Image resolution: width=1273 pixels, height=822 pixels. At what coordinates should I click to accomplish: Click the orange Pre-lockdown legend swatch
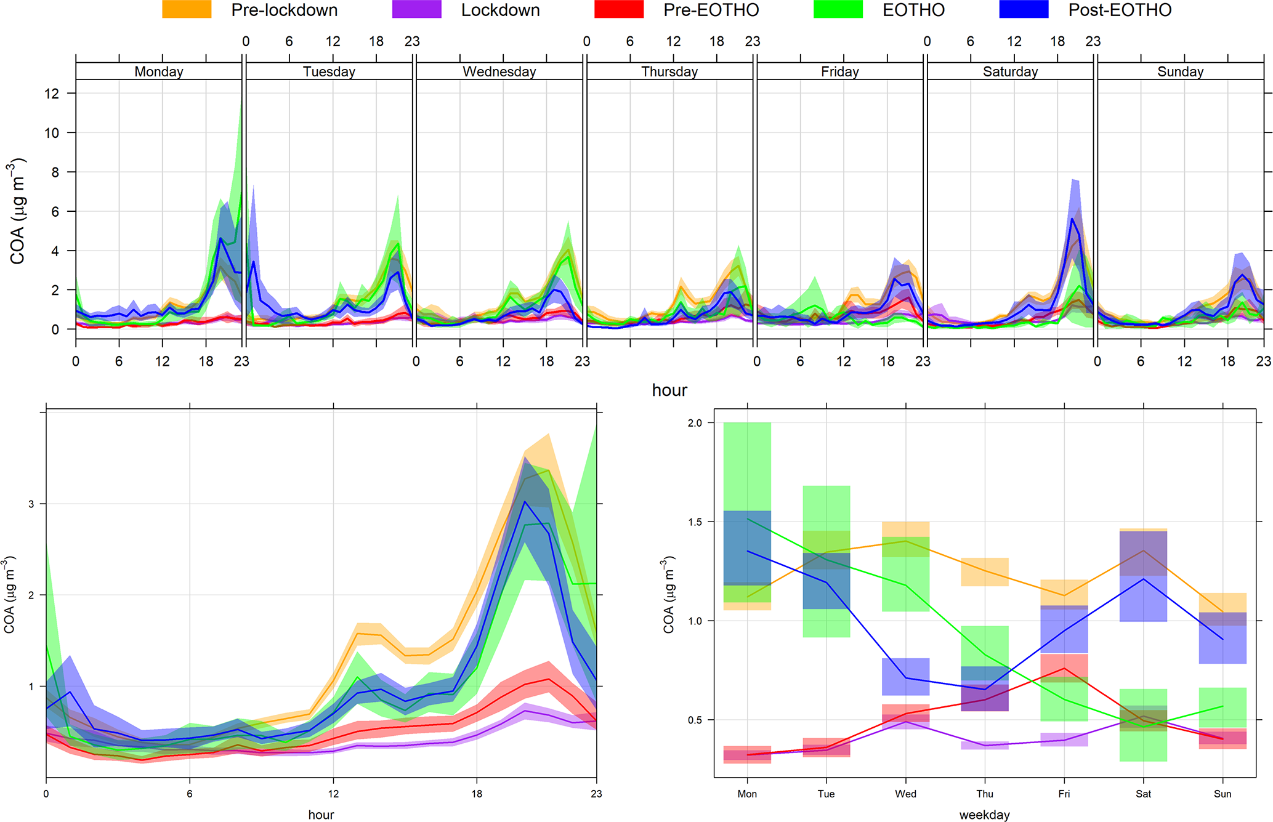187,10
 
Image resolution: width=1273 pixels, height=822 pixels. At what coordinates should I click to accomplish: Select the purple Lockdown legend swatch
416,10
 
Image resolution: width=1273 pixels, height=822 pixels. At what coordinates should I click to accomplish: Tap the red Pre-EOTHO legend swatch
619,10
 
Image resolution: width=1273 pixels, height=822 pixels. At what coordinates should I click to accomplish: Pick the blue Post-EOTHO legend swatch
1024,10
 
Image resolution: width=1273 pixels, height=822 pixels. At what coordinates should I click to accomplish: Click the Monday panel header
159,71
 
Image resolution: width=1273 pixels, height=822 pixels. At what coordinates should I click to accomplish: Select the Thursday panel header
669,71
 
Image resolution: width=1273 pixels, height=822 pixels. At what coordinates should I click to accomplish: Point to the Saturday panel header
1010,71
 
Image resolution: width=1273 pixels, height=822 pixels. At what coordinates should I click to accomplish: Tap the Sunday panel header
1180,71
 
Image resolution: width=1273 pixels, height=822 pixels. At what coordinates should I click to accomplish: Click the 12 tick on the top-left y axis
52,94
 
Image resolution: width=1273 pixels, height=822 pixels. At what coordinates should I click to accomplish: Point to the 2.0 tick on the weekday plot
695,423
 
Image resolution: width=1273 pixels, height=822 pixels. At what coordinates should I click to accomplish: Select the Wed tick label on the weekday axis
905,794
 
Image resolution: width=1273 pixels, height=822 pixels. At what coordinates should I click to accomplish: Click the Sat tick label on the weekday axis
1143,794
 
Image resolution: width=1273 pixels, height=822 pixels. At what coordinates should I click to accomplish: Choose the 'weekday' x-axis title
984,815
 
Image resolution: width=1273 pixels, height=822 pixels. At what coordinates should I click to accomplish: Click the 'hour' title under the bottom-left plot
321,815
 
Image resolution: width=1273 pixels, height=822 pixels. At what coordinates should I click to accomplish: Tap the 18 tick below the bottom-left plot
477,794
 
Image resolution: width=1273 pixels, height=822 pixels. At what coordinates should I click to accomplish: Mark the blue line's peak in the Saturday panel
1072,219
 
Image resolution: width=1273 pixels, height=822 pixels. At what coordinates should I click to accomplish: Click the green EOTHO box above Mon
747,468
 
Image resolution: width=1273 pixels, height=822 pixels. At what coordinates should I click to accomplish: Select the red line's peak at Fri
1064,668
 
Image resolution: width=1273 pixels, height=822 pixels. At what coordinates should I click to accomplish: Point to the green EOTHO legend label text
913,10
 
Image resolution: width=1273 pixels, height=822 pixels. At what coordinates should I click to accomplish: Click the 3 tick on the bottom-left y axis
31,504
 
